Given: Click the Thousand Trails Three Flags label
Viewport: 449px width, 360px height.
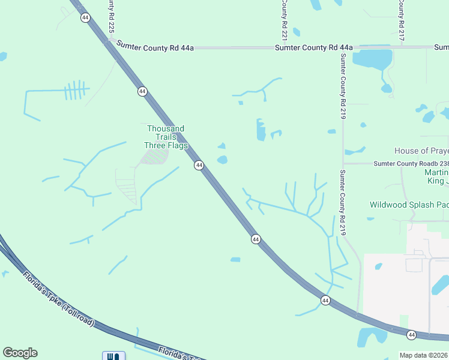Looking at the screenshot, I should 166,137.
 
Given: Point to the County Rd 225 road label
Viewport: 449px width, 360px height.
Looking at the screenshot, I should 111,16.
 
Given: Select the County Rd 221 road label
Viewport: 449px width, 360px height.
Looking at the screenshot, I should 285,16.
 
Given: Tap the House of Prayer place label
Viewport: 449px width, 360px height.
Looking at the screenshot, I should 421,151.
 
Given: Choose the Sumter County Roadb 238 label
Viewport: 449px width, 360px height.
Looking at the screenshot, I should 411,163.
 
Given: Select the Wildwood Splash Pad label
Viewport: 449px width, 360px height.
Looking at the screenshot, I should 408,205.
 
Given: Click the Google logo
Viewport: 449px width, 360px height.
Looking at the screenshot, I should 20,353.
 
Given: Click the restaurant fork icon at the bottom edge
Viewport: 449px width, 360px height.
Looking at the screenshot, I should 113,356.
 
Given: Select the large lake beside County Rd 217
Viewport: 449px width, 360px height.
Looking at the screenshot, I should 372,59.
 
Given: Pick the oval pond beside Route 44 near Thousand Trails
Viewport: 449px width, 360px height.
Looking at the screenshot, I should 223,160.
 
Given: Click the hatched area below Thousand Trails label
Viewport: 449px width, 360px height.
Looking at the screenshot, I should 154,157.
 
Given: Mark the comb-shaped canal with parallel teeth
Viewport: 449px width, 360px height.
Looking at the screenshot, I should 74,91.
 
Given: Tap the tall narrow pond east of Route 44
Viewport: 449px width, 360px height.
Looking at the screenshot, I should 261,129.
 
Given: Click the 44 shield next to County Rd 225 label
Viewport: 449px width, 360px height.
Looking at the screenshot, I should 85,17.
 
